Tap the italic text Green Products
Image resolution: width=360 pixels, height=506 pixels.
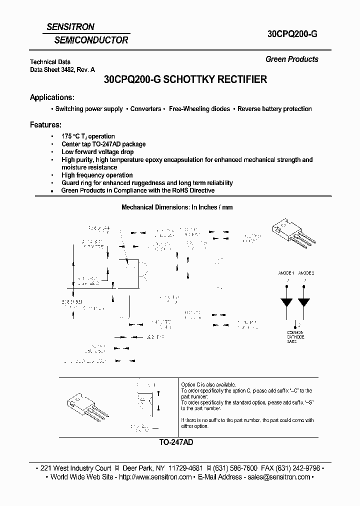pyautogui.click(x=291, y=59)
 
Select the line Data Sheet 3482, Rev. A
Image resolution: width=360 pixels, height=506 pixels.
pyautogui.click(x=62, y=70)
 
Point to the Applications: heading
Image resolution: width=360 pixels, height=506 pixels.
pyautogui.click(x=52, y=97)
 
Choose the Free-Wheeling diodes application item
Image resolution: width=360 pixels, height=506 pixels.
pyautogui.click(x=199, y=108)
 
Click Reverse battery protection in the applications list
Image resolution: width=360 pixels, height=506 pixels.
pyautogui.click(x=274, y=108)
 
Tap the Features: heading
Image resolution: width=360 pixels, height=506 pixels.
pyautogui.click(x=45, y=124)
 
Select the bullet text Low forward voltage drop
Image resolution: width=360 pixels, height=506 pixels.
pyautogui.click(x=97, y=151)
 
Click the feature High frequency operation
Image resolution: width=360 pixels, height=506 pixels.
pyautogui.click(x=97, y=175)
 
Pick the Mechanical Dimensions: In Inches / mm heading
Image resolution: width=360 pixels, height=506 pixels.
pyautogui.click(x=177, y=207)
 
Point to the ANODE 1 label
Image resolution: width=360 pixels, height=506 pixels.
pyautogui.click(x=286, y=273)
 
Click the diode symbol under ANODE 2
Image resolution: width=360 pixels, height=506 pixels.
pyautogui.click(x=303, y=302)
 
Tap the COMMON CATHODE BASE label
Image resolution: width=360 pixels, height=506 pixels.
pyautogui.click(x=295, y=337)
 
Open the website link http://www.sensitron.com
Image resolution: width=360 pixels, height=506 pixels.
pyautogui.click(x=155, y=477)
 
